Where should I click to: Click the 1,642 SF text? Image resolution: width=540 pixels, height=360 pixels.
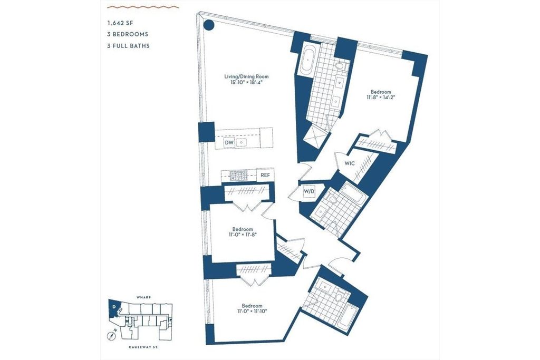click(120, 23)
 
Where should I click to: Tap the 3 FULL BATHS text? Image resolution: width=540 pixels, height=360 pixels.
click(129, 46)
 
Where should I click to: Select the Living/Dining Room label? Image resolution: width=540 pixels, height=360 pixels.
click(246, 77)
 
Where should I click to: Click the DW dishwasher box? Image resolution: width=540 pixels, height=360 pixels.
click(229, 142)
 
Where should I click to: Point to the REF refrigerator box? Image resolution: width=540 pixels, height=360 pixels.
click(265, 175)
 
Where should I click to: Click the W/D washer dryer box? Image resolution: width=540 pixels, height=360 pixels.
click(309, 191)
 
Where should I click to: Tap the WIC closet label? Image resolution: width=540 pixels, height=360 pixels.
click(350, 163)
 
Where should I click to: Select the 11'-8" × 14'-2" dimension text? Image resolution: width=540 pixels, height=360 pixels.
click(380, 97)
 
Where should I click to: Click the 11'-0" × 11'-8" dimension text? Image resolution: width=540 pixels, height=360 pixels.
click(243, 235)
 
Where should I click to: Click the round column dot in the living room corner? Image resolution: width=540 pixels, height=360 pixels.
click(208, 25)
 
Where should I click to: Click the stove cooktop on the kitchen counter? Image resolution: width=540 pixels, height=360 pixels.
click(239, 176)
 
